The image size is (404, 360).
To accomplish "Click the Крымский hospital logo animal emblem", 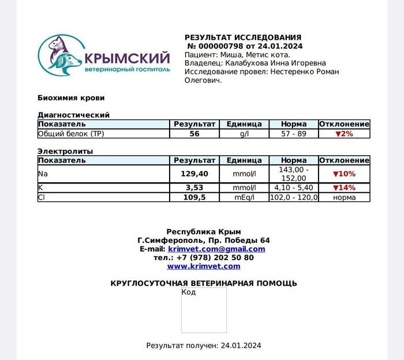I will [60, 57].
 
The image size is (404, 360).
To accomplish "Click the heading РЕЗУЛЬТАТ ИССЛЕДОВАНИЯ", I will [242, 37].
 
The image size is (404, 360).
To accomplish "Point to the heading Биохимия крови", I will [71, 97].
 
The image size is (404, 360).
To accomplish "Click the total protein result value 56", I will [194, 134].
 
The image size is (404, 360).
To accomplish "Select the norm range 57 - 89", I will [294, 134].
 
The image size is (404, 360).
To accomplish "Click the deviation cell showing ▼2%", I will [344, 134].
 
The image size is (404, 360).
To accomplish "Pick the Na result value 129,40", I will [194, 174].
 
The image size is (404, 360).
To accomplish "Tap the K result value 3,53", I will [194, 187].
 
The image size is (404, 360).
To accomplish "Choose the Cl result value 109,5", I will [194, 197].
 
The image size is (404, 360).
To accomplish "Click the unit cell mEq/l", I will [244, 197].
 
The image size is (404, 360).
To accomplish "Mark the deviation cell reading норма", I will [344, 197].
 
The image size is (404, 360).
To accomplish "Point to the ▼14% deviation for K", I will [344, 187].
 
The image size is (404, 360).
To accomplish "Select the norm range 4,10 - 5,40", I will [294, 187].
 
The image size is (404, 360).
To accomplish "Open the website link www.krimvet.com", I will [203, 266].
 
